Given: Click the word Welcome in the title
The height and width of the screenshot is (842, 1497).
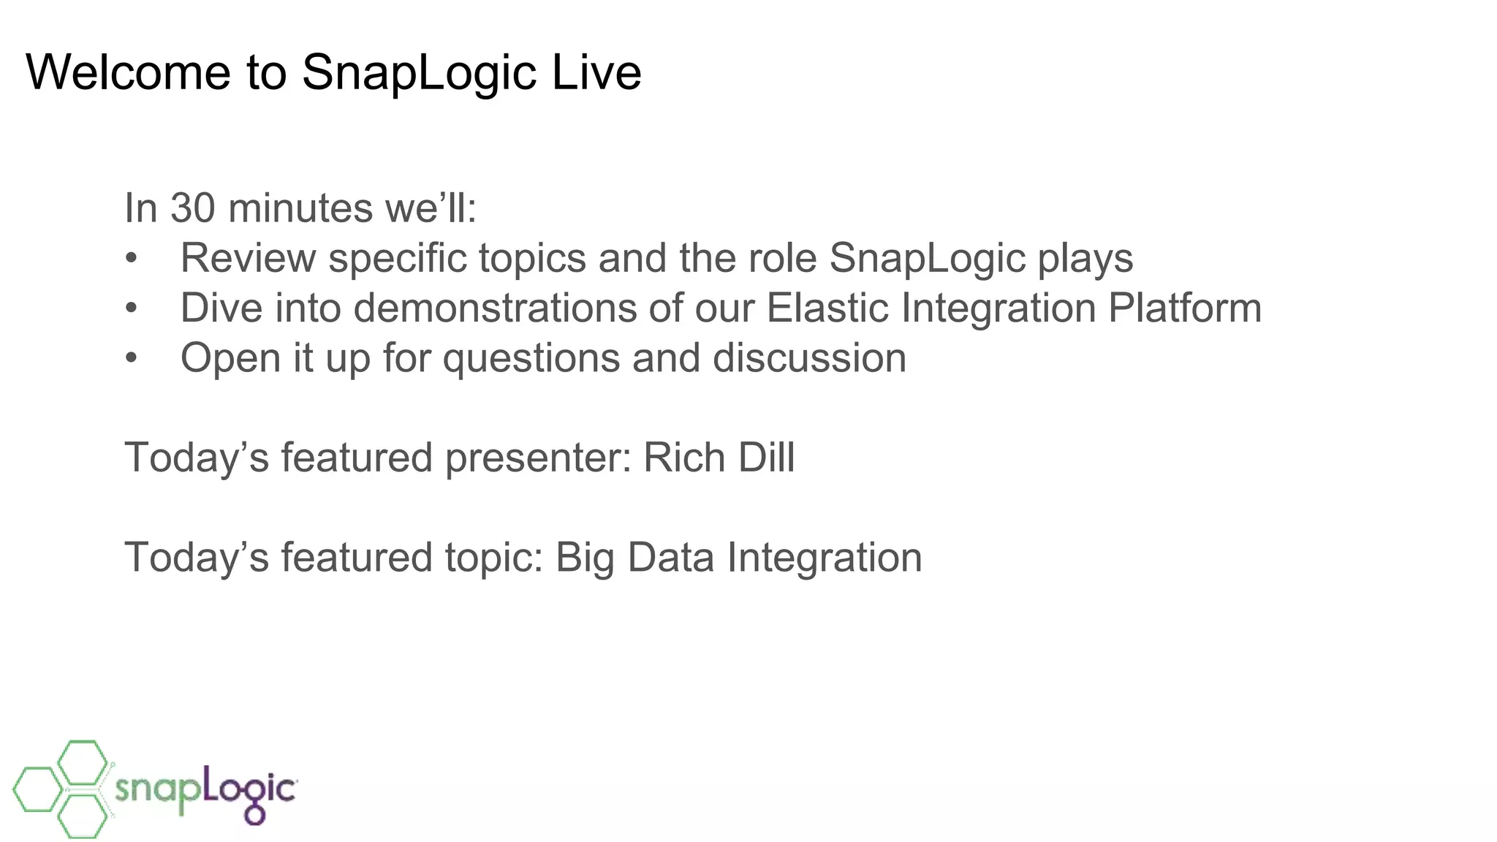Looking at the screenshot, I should tap(128, 72).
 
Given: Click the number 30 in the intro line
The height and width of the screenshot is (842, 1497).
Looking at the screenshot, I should tap(192, 208).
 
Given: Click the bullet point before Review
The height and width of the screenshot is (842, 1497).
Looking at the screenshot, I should tap(131, 259).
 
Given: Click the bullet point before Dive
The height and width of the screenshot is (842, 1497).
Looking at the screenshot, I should tap(131, 308).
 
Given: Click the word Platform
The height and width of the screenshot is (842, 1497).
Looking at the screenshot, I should tap(1184, 308).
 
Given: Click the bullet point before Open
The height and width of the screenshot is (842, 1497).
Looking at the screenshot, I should tap(131, 358).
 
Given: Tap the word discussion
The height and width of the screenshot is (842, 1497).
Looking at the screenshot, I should tap(809, 358).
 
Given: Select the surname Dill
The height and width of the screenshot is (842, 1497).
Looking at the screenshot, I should tap(766, 458).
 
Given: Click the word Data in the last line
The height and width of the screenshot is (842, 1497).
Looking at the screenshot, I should tap(670, 558).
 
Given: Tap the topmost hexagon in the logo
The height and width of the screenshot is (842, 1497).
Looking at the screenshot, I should tap(83, 762).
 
